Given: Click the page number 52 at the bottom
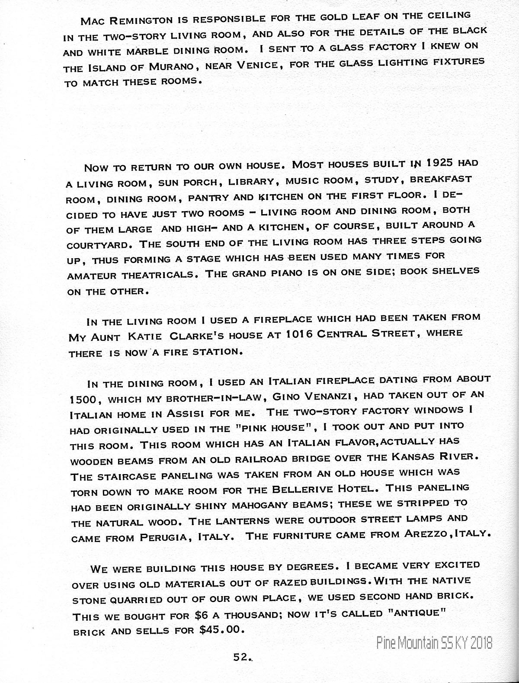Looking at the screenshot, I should [x=241, y=657].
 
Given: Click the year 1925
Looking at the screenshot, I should [x=439, y=164].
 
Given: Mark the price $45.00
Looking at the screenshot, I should [x=220, y=629].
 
